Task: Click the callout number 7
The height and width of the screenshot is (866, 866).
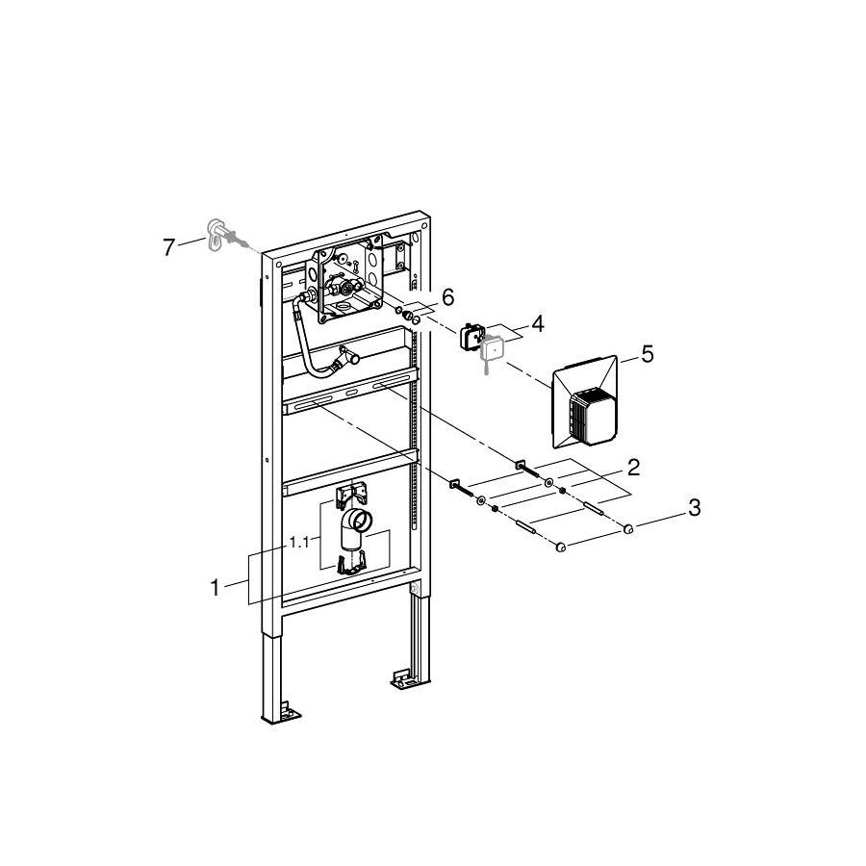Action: [x=169, y=246]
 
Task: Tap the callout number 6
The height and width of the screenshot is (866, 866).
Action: [x=447, y=297]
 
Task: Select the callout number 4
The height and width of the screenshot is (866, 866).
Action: [x=537, y=323]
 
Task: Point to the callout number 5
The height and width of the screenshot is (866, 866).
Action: [x=648, y=354]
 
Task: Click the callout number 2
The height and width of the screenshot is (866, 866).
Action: [x=633, y=468]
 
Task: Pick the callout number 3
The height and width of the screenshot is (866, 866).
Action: [x=694, y=507]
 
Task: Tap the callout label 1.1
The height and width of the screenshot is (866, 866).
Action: [x=299, y=543]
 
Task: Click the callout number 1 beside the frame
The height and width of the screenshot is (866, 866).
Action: [x=216, y=588]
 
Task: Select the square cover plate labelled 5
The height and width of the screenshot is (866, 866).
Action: [x=584, y=401]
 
